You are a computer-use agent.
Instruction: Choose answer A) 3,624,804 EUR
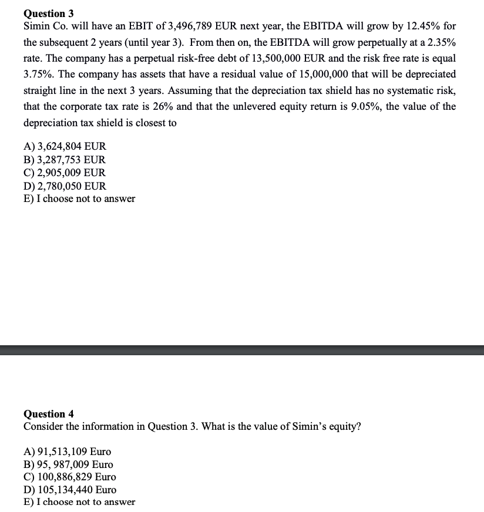[65, 147]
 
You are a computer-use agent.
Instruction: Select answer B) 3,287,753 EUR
[65, 160]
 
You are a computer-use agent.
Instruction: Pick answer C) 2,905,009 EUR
[65, 173]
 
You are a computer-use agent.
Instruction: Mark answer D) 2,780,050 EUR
[65, 186]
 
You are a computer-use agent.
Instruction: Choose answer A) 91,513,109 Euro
[67, 452]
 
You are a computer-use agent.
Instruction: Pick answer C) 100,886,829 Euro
[69, 477]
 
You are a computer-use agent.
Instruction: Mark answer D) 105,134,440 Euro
[69, 490]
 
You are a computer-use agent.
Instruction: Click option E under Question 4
[79, 502]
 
